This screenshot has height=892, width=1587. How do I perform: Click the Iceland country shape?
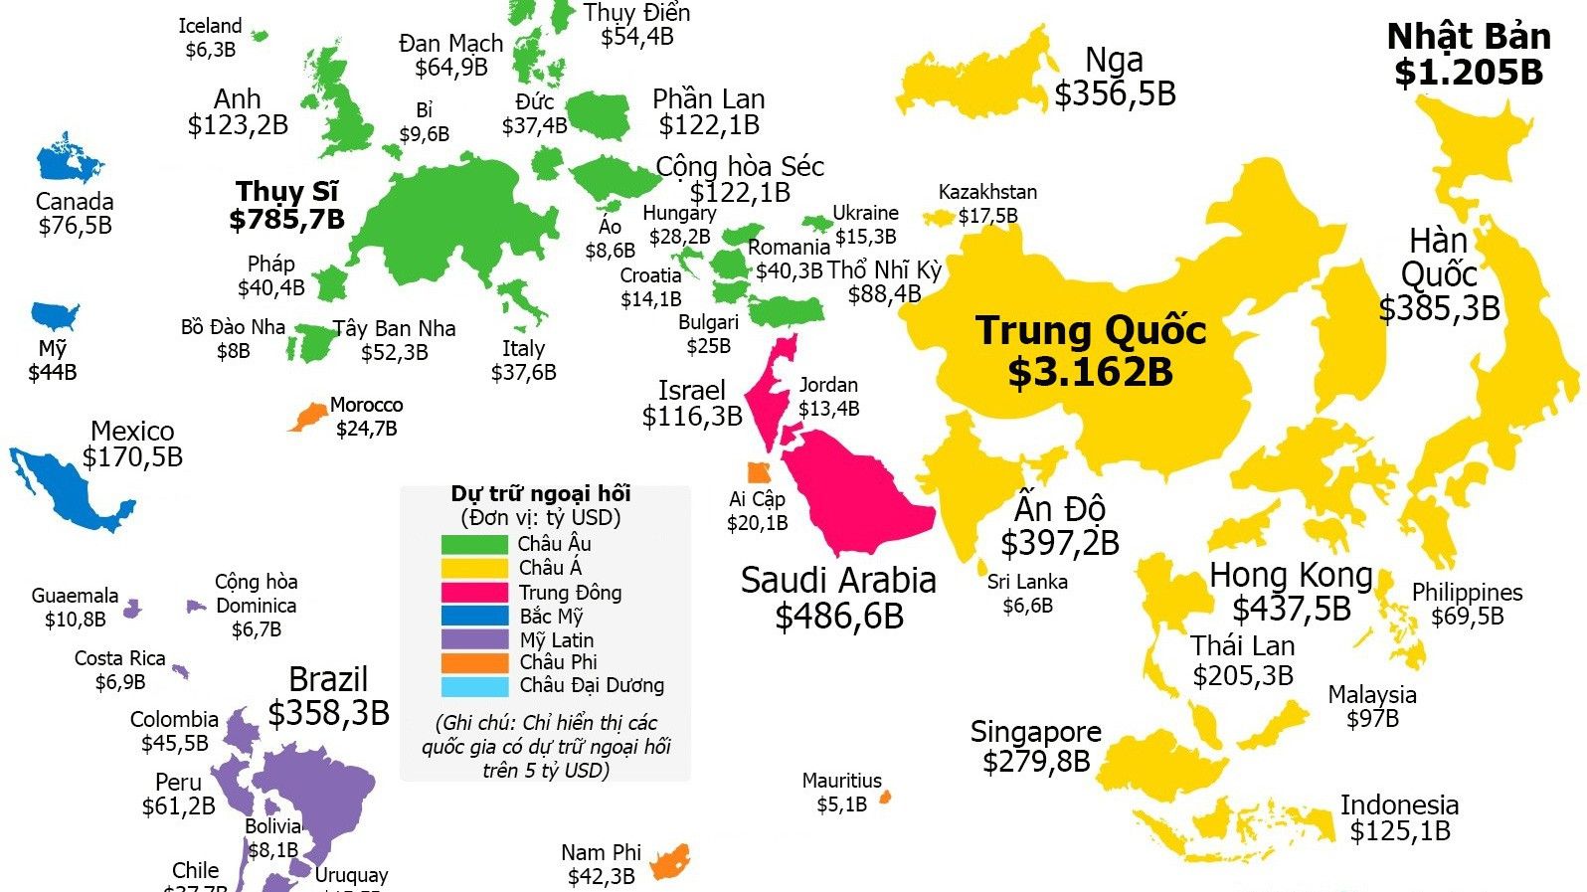click(x=261, y=36)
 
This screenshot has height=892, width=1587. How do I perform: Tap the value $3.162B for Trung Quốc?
click(x=1090, y=372)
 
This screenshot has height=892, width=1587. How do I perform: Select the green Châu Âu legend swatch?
click(x=474, y=544)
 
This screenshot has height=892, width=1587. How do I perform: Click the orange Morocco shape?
click(x=310, y=416)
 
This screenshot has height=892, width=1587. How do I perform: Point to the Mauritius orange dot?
click(x=885, y=797)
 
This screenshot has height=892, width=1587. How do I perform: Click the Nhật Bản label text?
click(x=1469, y=37)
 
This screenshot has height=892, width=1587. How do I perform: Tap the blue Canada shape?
click(x=68, y=162)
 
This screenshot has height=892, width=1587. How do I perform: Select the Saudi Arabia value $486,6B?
click(x=839, y=617)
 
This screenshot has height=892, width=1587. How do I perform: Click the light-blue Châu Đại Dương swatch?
click(x=474, y=686)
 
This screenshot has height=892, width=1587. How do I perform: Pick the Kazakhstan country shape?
click(x=938, y=217)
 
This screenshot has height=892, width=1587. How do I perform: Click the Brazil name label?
click(x=328, y=679)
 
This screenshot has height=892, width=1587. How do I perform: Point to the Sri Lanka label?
click(x=1027, y=582)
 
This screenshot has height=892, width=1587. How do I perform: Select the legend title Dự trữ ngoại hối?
click(x=541, y=494)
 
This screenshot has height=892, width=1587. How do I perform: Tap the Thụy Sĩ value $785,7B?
click(x=286, y=219)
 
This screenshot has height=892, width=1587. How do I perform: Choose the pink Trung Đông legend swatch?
click(x=474, y=593)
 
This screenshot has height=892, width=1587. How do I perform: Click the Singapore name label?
click(x=1035, y=732)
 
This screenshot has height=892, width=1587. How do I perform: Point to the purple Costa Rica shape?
click(x=180, y=671)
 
